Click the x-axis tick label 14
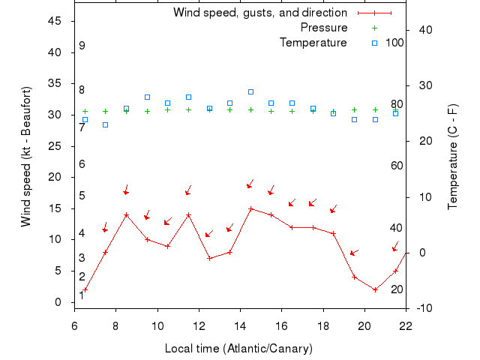tap(240, 326)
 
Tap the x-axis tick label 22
tap(406, 326)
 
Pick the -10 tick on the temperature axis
tap(424, 308)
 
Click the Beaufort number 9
tap(82, 46)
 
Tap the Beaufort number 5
tap(82, 196)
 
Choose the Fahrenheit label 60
tap(397, 166)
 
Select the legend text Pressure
tap(323, 28)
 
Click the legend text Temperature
tap(313, 43)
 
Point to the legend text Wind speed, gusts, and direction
tap(259, 13)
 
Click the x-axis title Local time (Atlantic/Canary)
tap(238, 349)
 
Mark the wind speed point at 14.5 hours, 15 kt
tap(250, 208)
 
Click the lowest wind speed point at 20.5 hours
tap(375, 289)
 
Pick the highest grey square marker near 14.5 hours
tap(250, 91)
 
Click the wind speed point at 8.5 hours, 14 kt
tap(126, 214)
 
